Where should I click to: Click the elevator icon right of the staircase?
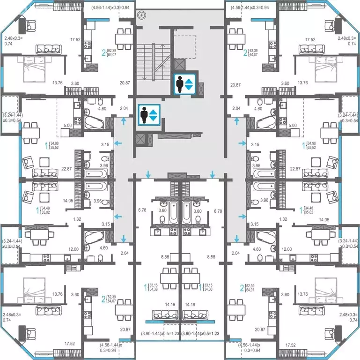(x=184, y=84)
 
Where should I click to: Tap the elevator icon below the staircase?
(x=149, y=114)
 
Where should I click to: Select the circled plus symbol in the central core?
(x=141, y=15)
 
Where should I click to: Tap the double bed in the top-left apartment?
(x=33, y=68)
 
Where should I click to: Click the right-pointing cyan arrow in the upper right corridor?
(x=242, y=142)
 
